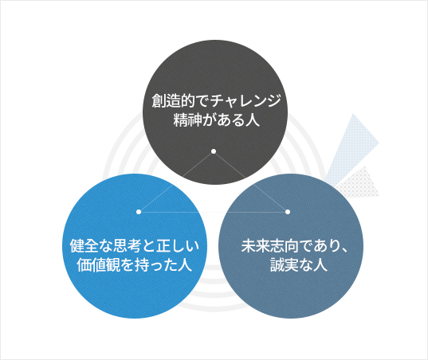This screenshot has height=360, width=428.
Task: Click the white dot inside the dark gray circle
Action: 214,151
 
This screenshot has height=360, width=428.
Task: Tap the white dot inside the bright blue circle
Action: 139,212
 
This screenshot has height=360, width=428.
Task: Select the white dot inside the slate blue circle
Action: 288,212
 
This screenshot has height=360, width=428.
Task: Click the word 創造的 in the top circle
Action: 173,101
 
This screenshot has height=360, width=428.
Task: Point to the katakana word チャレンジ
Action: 245,100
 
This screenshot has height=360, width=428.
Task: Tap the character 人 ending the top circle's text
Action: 252,119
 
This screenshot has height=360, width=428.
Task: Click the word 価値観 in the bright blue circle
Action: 99,264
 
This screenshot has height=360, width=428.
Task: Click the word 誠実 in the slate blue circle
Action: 285,264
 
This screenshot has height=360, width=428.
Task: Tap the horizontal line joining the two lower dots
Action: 213,212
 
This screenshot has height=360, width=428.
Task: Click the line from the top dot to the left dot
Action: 176,182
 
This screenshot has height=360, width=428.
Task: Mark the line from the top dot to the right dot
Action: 250,182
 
